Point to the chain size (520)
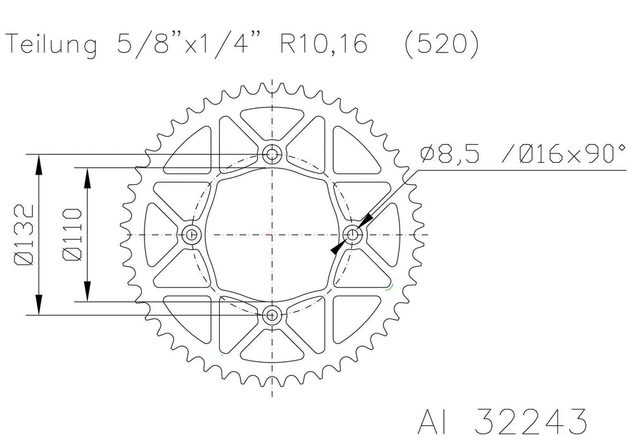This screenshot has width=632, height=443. tap(442, 44)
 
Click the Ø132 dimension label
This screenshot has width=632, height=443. tap(23, 234)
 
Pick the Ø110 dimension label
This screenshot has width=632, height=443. tap(71, 234)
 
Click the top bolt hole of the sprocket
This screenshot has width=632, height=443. tap(272, 154)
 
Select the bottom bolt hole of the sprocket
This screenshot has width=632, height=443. tap(272, 314)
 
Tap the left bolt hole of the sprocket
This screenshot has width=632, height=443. tap(192, 234)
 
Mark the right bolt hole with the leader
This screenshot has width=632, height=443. tap(353, 234)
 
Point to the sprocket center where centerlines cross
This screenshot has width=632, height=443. tap(272, 234)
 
